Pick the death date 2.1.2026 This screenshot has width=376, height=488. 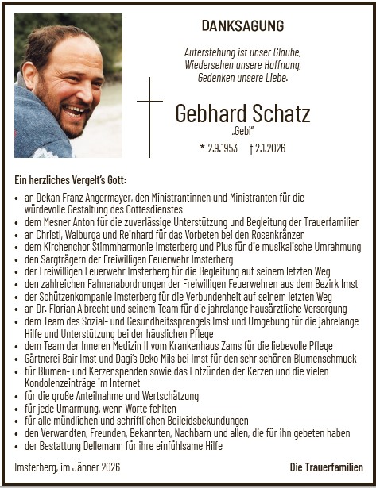pos(268,148)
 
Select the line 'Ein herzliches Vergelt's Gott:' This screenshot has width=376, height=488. pos(70,180)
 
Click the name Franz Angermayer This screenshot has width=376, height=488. pos(99,196)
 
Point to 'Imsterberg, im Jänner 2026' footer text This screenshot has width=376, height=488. pos(66,467)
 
